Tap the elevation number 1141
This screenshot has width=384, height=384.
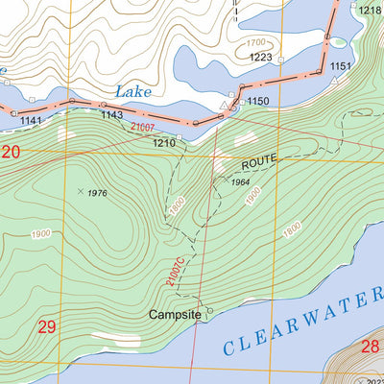tap(31, 120)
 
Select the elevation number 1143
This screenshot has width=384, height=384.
tap(111, 114)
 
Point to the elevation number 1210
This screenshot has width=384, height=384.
tap(163, 143)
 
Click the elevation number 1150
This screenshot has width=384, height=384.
tap(257, 101)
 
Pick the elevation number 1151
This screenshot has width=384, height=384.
tap(341, 66)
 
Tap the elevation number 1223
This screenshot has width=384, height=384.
tap(260, 58)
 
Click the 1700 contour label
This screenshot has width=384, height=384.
tap(255, 43)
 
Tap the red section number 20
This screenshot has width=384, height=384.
tap(11, 152)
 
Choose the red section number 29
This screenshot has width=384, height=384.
tap(47, 327)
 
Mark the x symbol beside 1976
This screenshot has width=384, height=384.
tap(80, 191)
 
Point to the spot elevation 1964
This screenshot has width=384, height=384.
tap(239, 181)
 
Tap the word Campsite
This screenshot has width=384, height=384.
tap(176, 314)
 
